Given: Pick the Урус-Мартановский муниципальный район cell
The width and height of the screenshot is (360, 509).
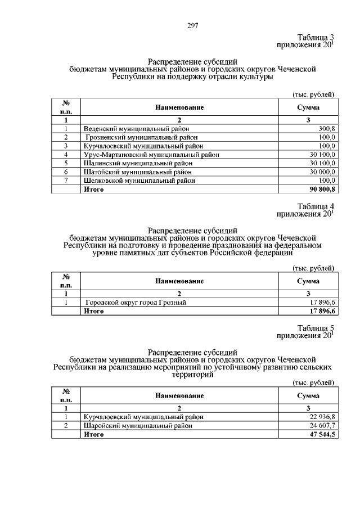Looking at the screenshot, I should coord(151,154).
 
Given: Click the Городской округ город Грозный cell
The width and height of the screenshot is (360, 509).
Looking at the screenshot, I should coord(136,303).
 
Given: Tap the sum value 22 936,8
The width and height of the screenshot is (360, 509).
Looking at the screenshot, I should coord(322,417).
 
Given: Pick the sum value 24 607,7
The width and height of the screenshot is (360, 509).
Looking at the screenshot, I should coord(322,426).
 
